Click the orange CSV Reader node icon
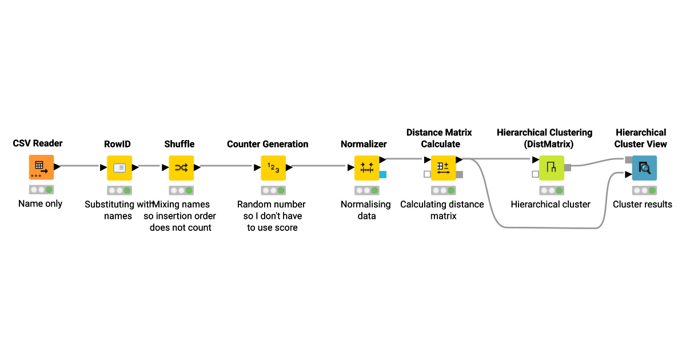click(x=41, y=167)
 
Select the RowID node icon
click(x=119, y=167)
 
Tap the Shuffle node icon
click(x=181, y=167)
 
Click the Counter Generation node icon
click(x=273, y=167)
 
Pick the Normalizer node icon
click(x=367, y=167)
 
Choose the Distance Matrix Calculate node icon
click(x=443, y=167)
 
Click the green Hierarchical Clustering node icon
click(x=552, y=167)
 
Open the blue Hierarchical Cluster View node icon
click(x=644, y=167)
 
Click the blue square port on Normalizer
click(x=382, y=174)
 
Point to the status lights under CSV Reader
click(x=41, y=190)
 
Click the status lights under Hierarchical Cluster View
click(x=644, y=190)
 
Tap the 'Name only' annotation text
click(x=41, y=204)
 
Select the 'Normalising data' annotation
click(x=366, y=210)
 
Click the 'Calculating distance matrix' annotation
click(x=442, y=210)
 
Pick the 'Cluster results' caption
click(x=643, y=205)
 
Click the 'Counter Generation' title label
click(x=268, y=144)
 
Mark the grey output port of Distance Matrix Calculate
click(x=459, y=174)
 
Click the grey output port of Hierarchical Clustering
click(x=568, y=167)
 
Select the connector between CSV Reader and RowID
click(x=79, y=166)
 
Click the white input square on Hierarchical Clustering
click(x=535, y=174)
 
